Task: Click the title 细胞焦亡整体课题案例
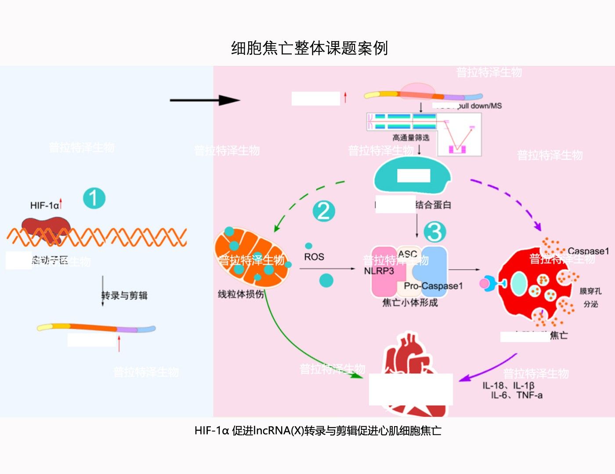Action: (309, 48)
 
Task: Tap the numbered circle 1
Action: (94, 198)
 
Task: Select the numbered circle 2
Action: (324, 211)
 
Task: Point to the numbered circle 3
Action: (435, 232)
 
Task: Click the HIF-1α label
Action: (44, 205)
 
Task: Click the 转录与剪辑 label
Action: (124, 295)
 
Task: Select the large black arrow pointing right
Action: (205, 101)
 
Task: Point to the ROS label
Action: (314, 257)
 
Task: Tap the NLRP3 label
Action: (379, 271)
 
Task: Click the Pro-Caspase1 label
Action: (433, 286)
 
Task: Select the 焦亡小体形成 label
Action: (410, 302)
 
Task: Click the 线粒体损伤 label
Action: (241, 294)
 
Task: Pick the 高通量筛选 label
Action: (411, 138)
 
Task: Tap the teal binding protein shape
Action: (412, 176)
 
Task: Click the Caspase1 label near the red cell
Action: (588, 251)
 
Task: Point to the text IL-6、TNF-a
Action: (516, 395)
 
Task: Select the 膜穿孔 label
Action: (590, 291)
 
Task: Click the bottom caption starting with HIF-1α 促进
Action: (318, 431)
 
